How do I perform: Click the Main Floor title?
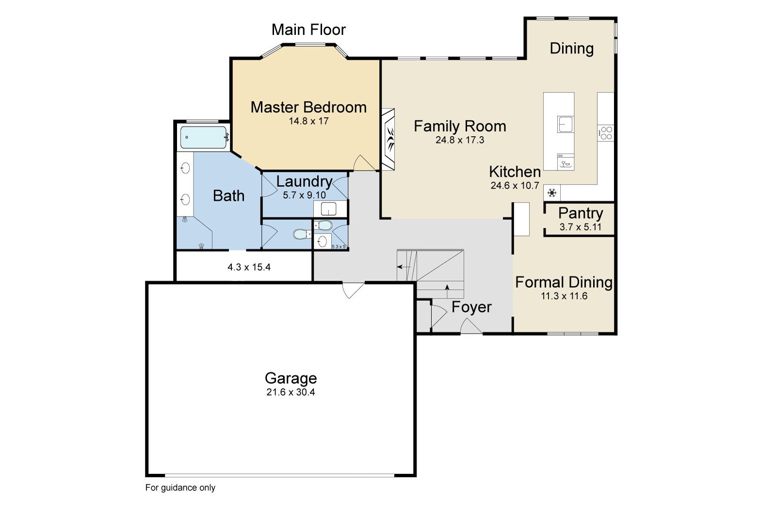pos(308,30)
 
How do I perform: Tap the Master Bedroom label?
pos(308,107)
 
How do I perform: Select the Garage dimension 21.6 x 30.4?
pos(291,392)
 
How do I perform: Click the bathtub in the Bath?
pos(204,137)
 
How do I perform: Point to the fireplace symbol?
pos(389,139)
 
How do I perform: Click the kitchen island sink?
pos(565,124)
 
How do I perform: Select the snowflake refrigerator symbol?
pos(552,193)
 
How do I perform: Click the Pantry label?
pos(581,213)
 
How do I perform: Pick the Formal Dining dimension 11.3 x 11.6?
pos(564,296)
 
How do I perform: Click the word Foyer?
pos(471,307)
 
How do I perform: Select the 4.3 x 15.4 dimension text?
pos(249,267)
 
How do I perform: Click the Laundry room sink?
pos(328,209)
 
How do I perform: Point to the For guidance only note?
pos(180,487)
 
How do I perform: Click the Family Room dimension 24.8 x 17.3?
pos(460,140)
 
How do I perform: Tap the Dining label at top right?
pos(571,48)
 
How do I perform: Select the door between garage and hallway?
pos(352,289)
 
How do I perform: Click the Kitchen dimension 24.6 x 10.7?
pos(515,185)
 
